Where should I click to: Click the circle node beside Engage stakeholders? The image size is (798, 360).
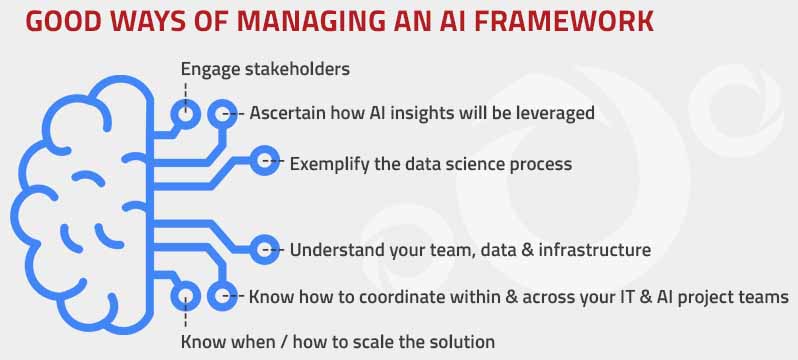coord(185,112)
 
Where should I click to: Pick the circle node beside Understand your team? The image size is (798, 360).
coord(265,249)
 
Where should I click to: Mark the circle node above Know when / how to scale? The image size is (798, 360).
coord(185,296)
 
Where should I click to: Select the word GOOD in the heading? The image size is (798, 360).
coord(51,21)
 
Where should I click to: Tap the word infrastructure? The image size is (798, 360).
coord(590,249)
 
